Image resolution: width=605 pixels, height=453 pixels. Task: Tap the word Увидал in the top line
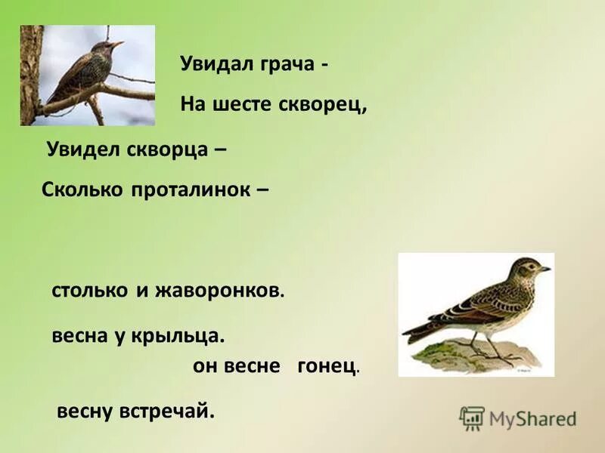point(214,64)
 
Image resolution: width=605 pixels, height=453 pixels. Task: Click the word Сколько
point(82,190)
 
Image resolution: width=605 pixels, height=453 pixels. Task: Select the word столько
point(89,291)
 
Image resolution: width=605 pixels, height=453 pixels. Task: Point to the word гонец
point(327,366)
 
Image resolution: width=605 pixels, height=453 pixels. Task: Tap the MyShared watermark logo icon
point(472,418)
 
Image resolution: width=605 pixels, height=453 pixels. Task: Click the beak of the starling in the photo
point(117,45)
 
